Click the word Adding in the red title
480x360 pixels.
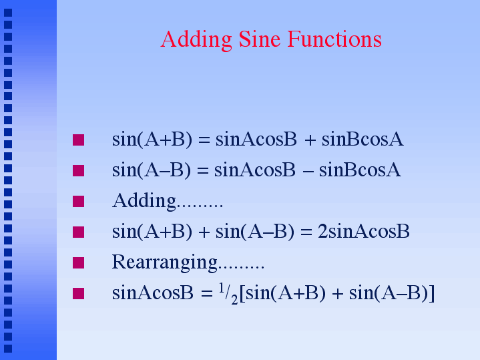(196, 40)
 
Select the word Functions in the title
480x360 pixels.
(334, 39)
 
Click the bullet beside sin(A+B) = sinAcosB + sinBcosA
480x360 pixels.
(78, 140)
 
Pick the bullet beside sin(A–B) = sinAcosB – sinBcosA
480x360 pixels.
(78, 170)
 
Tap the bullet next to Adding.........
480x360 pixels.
(78, 201)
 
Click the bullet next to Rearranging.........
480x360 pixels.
(78, 262)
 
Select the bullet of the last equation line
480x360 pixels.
(78, 293)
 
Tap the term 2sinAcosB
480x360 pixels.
(364, 231)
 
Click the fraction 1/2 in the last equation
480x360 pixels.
(228, 294)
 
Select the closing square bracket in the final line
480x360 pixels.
(432, 293)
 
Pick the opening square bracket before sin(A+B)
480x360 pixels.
(242, 293)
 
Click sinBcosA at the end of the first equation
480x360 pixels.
(363, 140)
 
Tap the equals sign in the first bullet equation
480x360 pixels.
(204, 140)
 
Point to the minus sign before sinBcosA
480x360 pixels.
(308, 171)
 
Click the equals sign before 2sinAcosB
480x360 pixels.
(306, 232)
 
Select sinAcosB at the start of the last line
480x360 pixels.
(153, 293)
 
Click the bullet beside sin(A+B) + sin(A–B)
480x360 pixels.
(78, 232)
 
